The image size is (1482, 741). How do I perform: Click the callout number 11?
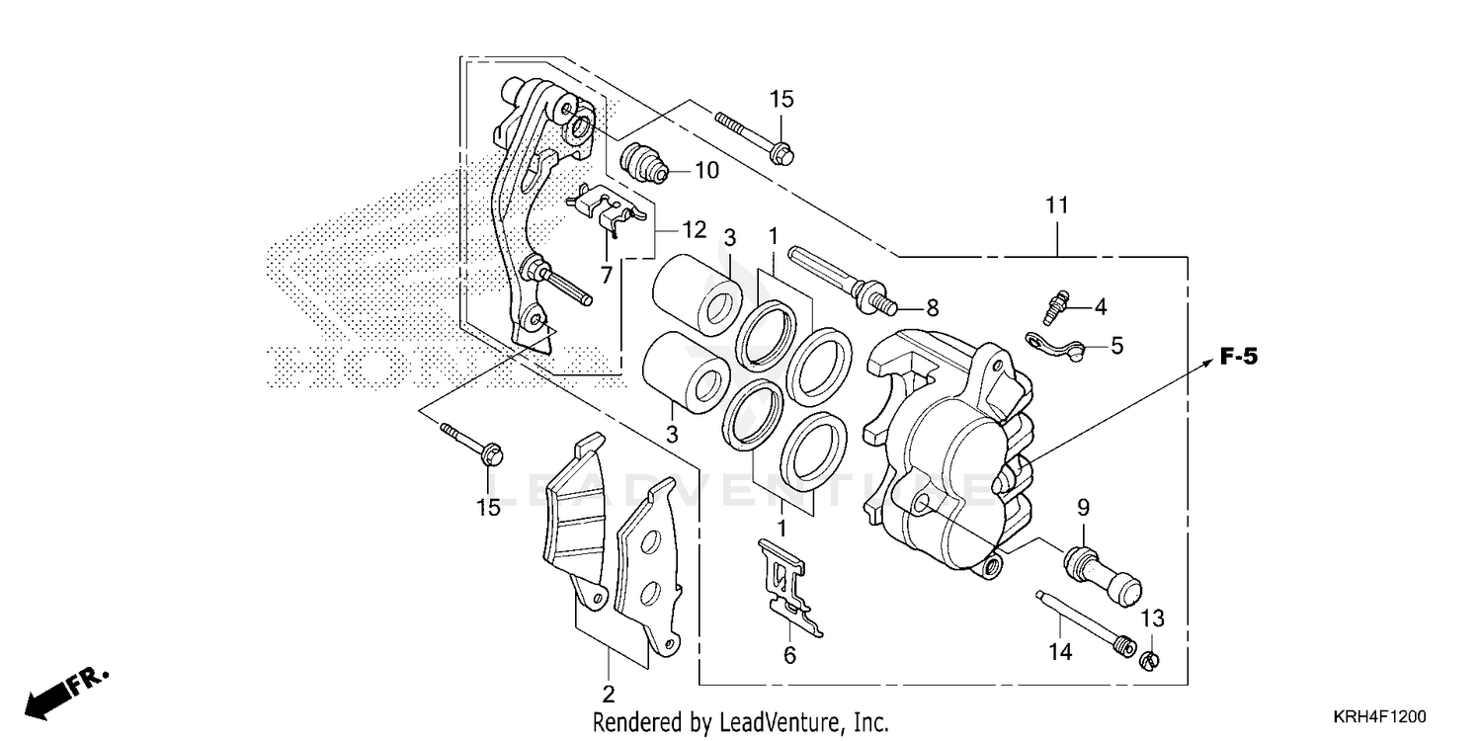(1057, 206)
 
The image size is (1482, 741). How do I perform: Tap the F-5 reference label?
(1238, 358)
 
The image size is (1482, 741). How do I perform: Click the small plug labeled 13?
(1152, 659)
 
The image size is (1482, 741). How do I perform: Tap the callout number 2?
(609, 692)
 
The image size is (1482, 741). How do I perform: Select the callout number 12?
(693, 230)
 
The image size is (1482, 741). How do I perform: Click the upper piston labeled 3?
(700, 290)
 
